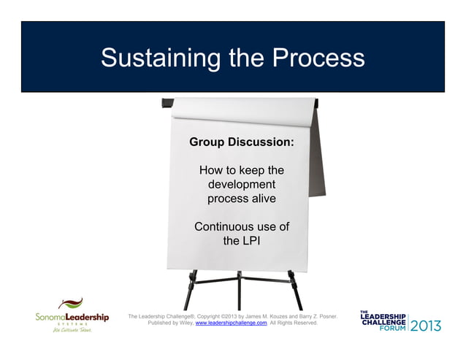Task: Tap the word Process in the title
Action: (318, 58)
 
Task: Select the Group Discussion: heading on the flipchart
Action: (242, 142)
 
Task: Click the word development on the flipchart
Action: (242, 184)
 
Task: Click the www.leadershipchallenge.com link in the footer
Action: (231, 322)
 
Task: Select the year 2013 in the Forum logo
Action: (426, 325)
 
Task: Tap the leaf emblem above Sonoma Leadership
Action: (71, 304)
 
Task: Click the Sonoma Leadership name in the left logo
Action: (72, 317)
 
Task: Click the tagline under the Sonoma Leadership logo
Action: (71, 330)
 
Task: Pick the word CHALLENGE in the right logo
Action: (382, 321)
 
